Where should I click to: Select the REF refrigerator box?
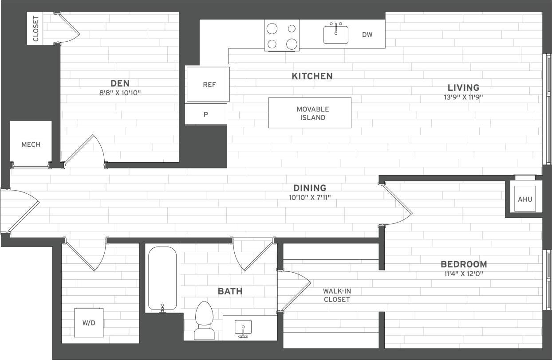[x=209, y=84]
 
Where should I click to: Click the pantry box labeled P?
[x=205, y=114]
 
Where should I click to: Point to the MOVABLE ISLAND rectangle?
[x=310, y=113]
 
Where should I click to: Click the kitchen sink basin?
[x=335, y=35]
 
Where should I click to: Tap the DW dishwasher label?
[x=367, y=35]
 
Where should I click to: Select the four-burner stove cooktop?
[x=282, y=35]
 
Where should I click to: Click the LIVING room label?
[x=463, y=88]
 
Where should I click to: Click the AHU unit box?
[x=524, y=199]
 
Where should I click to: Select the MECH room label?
[x=31, y=145]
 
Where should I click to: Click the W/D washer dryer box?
[x=89, y=323]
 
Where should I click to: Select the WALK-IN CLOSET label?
[x=336, y=295]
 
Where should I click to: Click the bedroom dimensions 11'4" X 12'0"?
[x=463, y=274]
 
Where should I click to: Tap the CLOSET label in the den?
[x=36, y=29]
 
